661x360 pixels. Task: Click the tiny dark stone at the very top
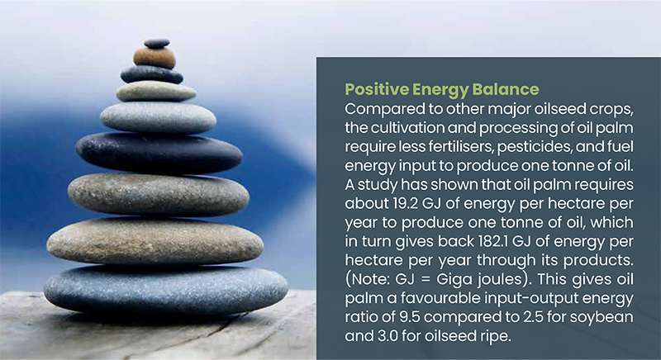pyautogui.click(x=157, y=44)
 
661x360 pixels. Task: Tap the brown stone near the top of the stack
pyautogui.click(x=155, y=58)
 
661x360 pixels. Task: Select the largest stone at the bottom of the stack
pyautogui.click(x=166, y=290)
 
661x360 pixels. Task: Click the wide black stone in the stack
pyautogui.click(x=159, y=154)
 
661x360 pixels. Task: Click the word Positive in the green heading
pyautogui.click(x=377, y=89)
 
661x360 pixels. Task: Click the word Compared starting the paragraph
pyautogui.click(x=382, y=110)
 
